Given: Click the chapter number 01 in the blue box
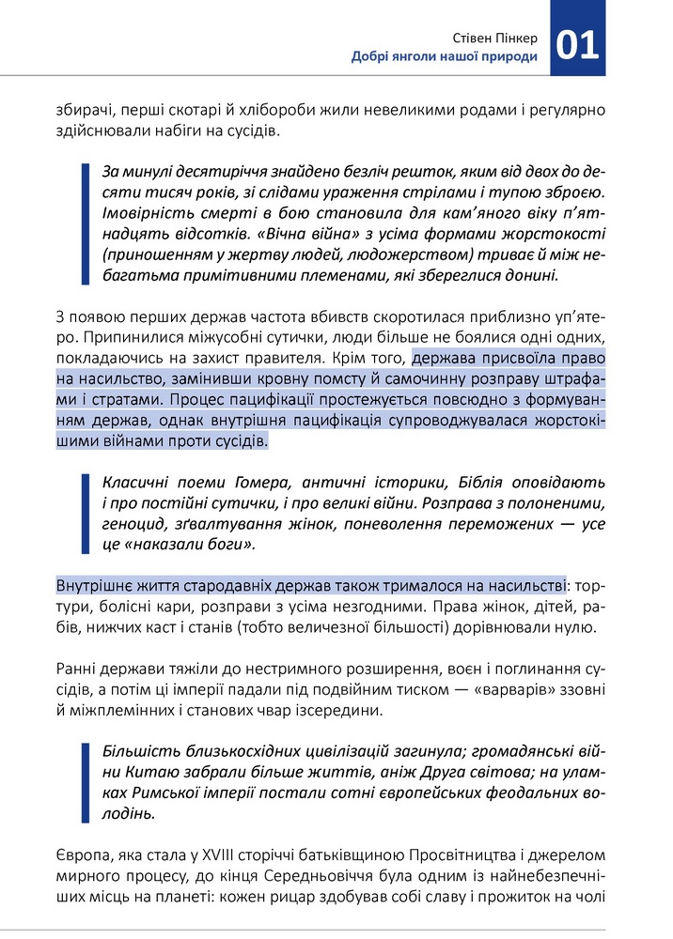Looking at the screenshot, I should coord(578,43).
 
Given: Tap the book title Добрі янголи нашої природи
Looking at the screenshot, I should coord(445,56).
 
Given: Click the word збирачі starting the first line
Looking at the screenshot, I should coord(82,110).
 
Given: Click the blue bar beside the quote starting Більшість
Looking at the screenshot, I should coord(86,782).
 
